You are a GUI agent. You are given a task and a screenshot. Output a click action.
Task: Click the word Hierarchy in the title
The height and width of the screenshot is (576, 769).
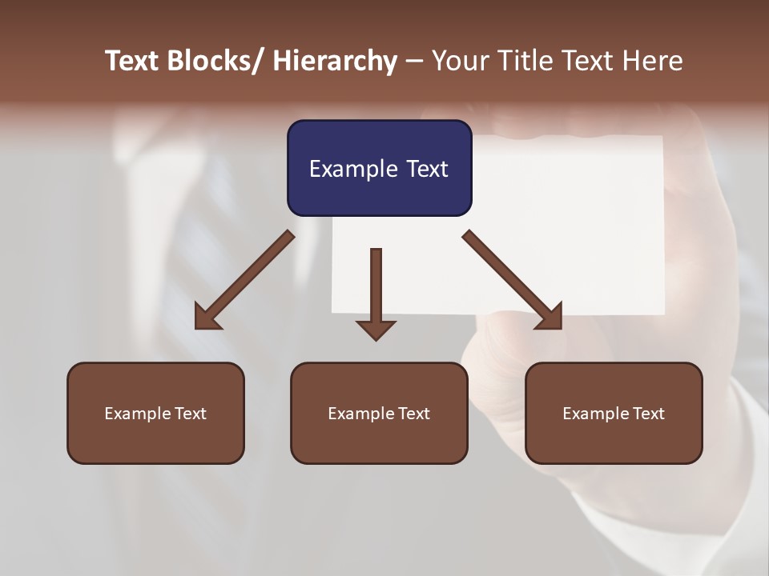point(335,61)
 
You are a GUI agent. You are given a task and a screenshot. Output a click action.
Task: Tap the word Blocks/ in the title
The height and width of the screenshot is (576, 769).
point(209,61)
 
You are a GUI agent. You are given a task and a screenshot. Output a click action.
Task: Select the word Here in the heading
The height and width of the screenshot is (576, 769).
point(653,61)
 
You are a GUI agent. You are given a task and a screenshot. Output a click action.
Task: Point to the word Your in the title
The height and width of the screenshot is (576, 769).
point(459,61)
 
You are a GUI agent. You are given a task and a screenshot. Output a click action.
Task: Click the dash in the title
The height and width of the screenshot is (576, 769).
point(414,61)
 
